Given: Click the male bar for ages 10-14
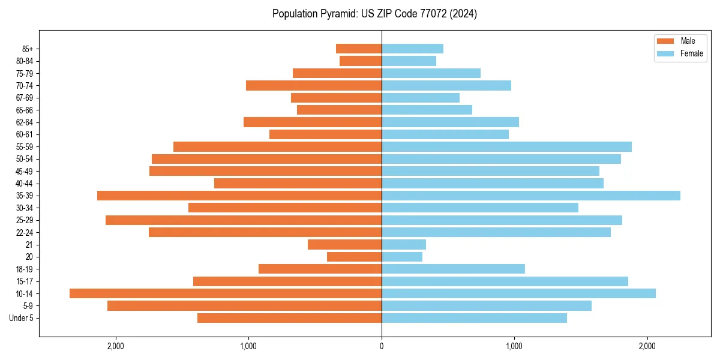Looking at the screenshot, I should pyautogui.click(x=226, y=293).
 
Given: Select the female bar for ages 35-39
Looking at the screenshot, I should pyautogui.click(x=531, y=196).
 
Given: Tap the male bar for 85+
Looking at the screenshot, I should pyautogui.click(x=359, y=49).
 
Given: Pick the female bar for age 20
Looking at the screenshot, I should pyautogui.click(x=402, y=257).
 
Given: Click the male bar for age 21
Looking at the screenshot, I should pyautogui.click(x=345, y=245).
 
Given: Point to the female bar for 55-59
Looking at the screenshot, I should pyautogui.click(x=506, y=146).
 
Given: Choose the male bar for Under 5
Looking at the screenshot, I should pyautogui.click(x=289, y=318).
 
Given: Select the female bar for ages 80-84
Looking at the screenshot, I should pyautogui.click(x=409, y=61).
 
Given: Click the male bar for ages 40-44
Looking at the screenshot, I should pyautogui.click(x=298, y=183).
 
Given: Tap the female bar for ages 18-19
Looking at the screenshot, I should pyautogui.click(x=453, y=269).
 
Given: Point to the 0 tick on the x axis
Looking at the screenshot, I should pyautogui.click(x=382, y=346).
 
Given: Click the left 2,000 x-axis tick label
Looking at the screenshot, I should pyautogui.click(x=115, y=346).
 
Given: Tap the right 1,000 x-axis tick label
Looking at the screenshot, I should pyautogui.click(x=514, y=346).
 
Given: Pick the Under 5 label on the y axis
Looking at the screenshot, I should pyautogui.click(x=22, y=318).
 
